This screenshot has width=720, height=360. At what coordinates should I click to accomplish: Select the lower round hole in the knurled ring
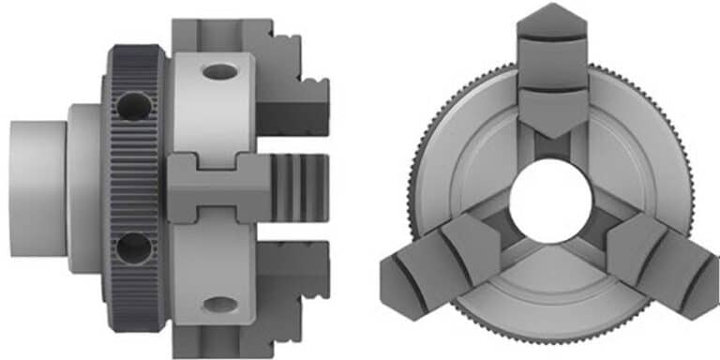133,248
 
